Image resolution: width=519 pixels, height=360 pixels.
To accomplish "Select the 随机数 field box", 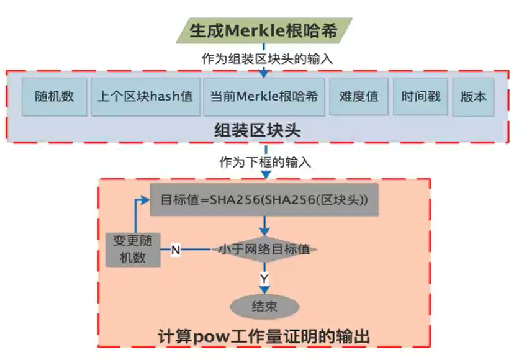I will (x=55, y=97).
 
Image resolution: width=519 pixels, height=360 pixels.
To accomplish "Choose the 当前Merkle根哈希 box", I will (x=264, y=97).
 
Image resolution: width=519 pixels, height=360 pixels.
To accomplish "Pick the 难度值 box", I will (x=359, y=97).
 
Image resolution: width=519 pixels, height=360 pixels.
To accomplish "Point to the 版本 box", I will (x=474, y=97).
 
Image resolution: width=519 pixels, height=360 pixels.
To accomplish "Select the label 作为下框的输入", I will (x=265, y=163).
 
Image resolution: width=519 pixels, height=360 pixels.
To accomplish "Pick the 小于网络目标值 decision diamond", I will (x=264, y=250).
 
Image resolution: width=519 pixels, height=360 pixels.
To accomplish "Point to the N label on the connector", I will (x=176, y=250).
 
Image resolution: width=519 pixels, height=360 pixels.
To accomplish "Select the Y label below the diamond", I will (x=264, y=279).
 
